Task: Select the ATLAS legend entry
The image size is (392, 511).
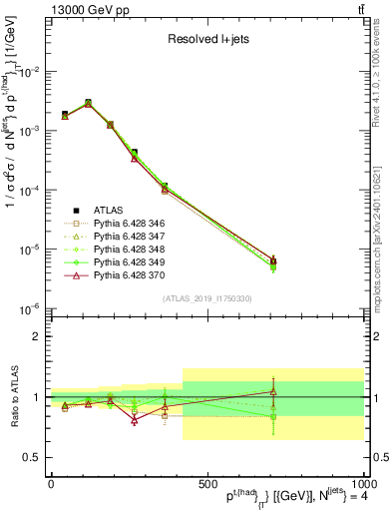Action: [107, 210]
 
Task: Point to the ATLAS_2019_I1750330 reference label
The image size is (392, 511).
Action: [206, 297]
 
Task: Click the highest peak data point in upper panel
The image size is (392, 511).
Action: [88, 103]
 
